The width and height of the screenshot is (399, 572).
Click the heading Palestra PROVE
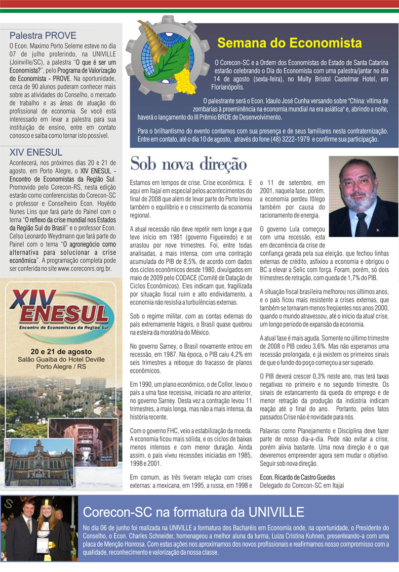[43, 36]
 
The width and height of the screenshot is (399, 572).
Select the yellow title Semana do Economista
[289, 42]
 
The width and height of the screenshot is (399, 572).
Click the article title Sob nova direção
[188, 164]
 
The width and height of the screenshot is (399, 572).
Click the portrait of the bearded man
[363, 196]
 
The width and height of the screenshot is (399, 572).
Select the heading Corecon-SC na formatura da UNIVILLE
[193, 511]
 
